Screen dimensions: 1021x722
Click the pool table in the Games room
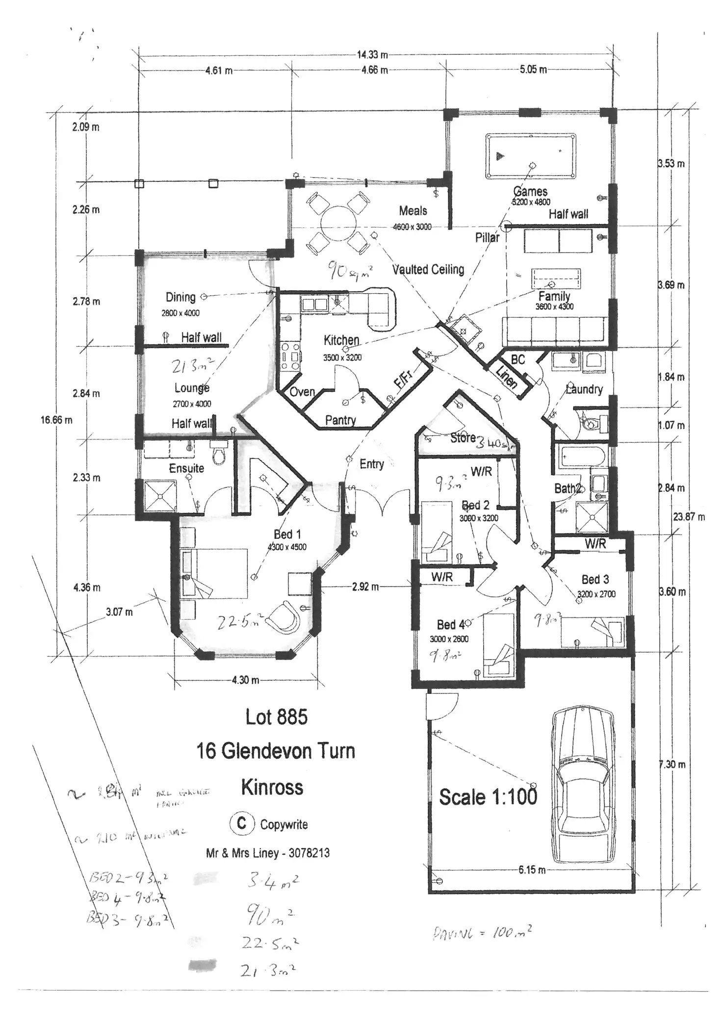[x=531, y=156]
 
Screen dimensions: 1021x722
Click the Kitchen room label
[x=341, y=340]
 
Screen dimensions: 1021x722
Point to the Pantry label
[x=340, y=420]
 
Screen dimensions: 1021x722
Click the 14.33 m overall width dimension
[x=372, y=54]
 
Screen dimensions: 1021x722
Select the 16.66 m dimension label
[x=56, y=420]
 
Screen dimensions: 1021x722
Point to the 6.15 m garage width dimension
[x=532, y=870]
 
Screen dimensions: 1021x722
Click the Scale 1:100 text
[x=488, y=797]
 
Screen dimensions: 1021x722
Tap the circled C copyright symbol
[x=242, y=823]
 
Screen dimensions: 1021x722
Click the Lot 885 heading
[x=277, y=717]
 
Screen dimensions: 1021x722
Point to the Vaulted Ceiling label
[x=428, y=269]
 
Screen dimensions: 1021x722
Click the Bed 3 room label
[x=595, y=579]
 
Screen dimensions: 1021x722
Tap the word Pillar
[x=487, y=238]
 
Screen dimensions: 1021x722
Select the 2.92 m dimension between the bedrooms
[x=365, y=587]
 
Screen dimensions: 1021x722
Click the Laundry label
[x=584, y=389]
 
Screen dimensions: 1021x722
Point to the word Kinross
[x=272, y=787]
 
